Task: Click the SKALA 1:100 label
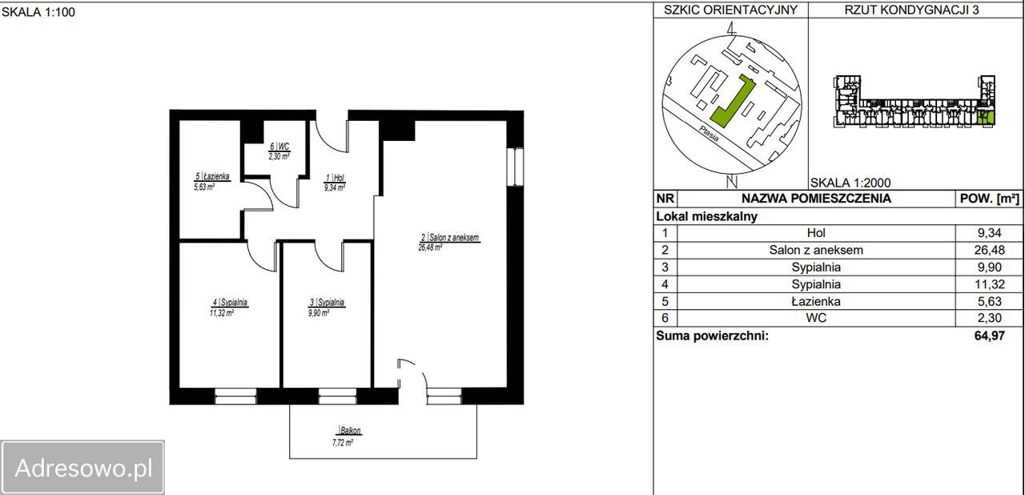pos(38,12)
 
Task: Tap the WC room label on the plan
pos(279,151)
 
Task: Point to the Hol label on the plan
pos(335,182)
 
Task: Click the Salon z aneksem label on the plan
pos(449,243)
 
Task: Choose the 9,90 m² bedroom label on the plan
pos(326,308)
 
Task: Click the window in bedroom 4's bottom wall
pos(235,396)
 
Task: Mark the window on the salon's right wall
pos(515,167)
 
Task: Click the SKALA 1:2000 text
pos(850,183)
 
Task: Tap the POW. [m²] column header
pos(989,199)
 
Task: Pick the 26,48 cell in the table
pos(989,250)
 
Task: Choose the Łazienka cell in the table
pos(816,301)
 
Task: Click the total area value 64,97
pos(989,336)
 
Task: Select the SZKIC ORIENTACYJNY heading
pos(731,10)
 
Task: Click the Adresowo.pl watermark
pos(82,468)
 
